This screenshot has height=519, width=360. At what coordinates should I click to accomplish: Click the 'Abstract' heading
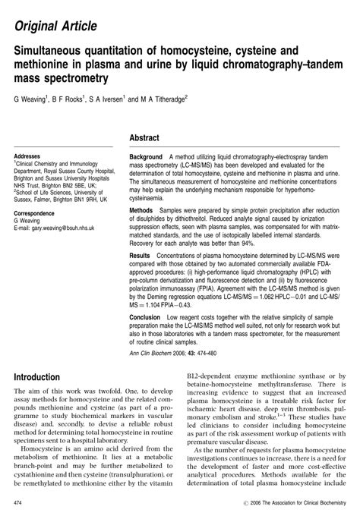pyautogui.click(x=144, y=139)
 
